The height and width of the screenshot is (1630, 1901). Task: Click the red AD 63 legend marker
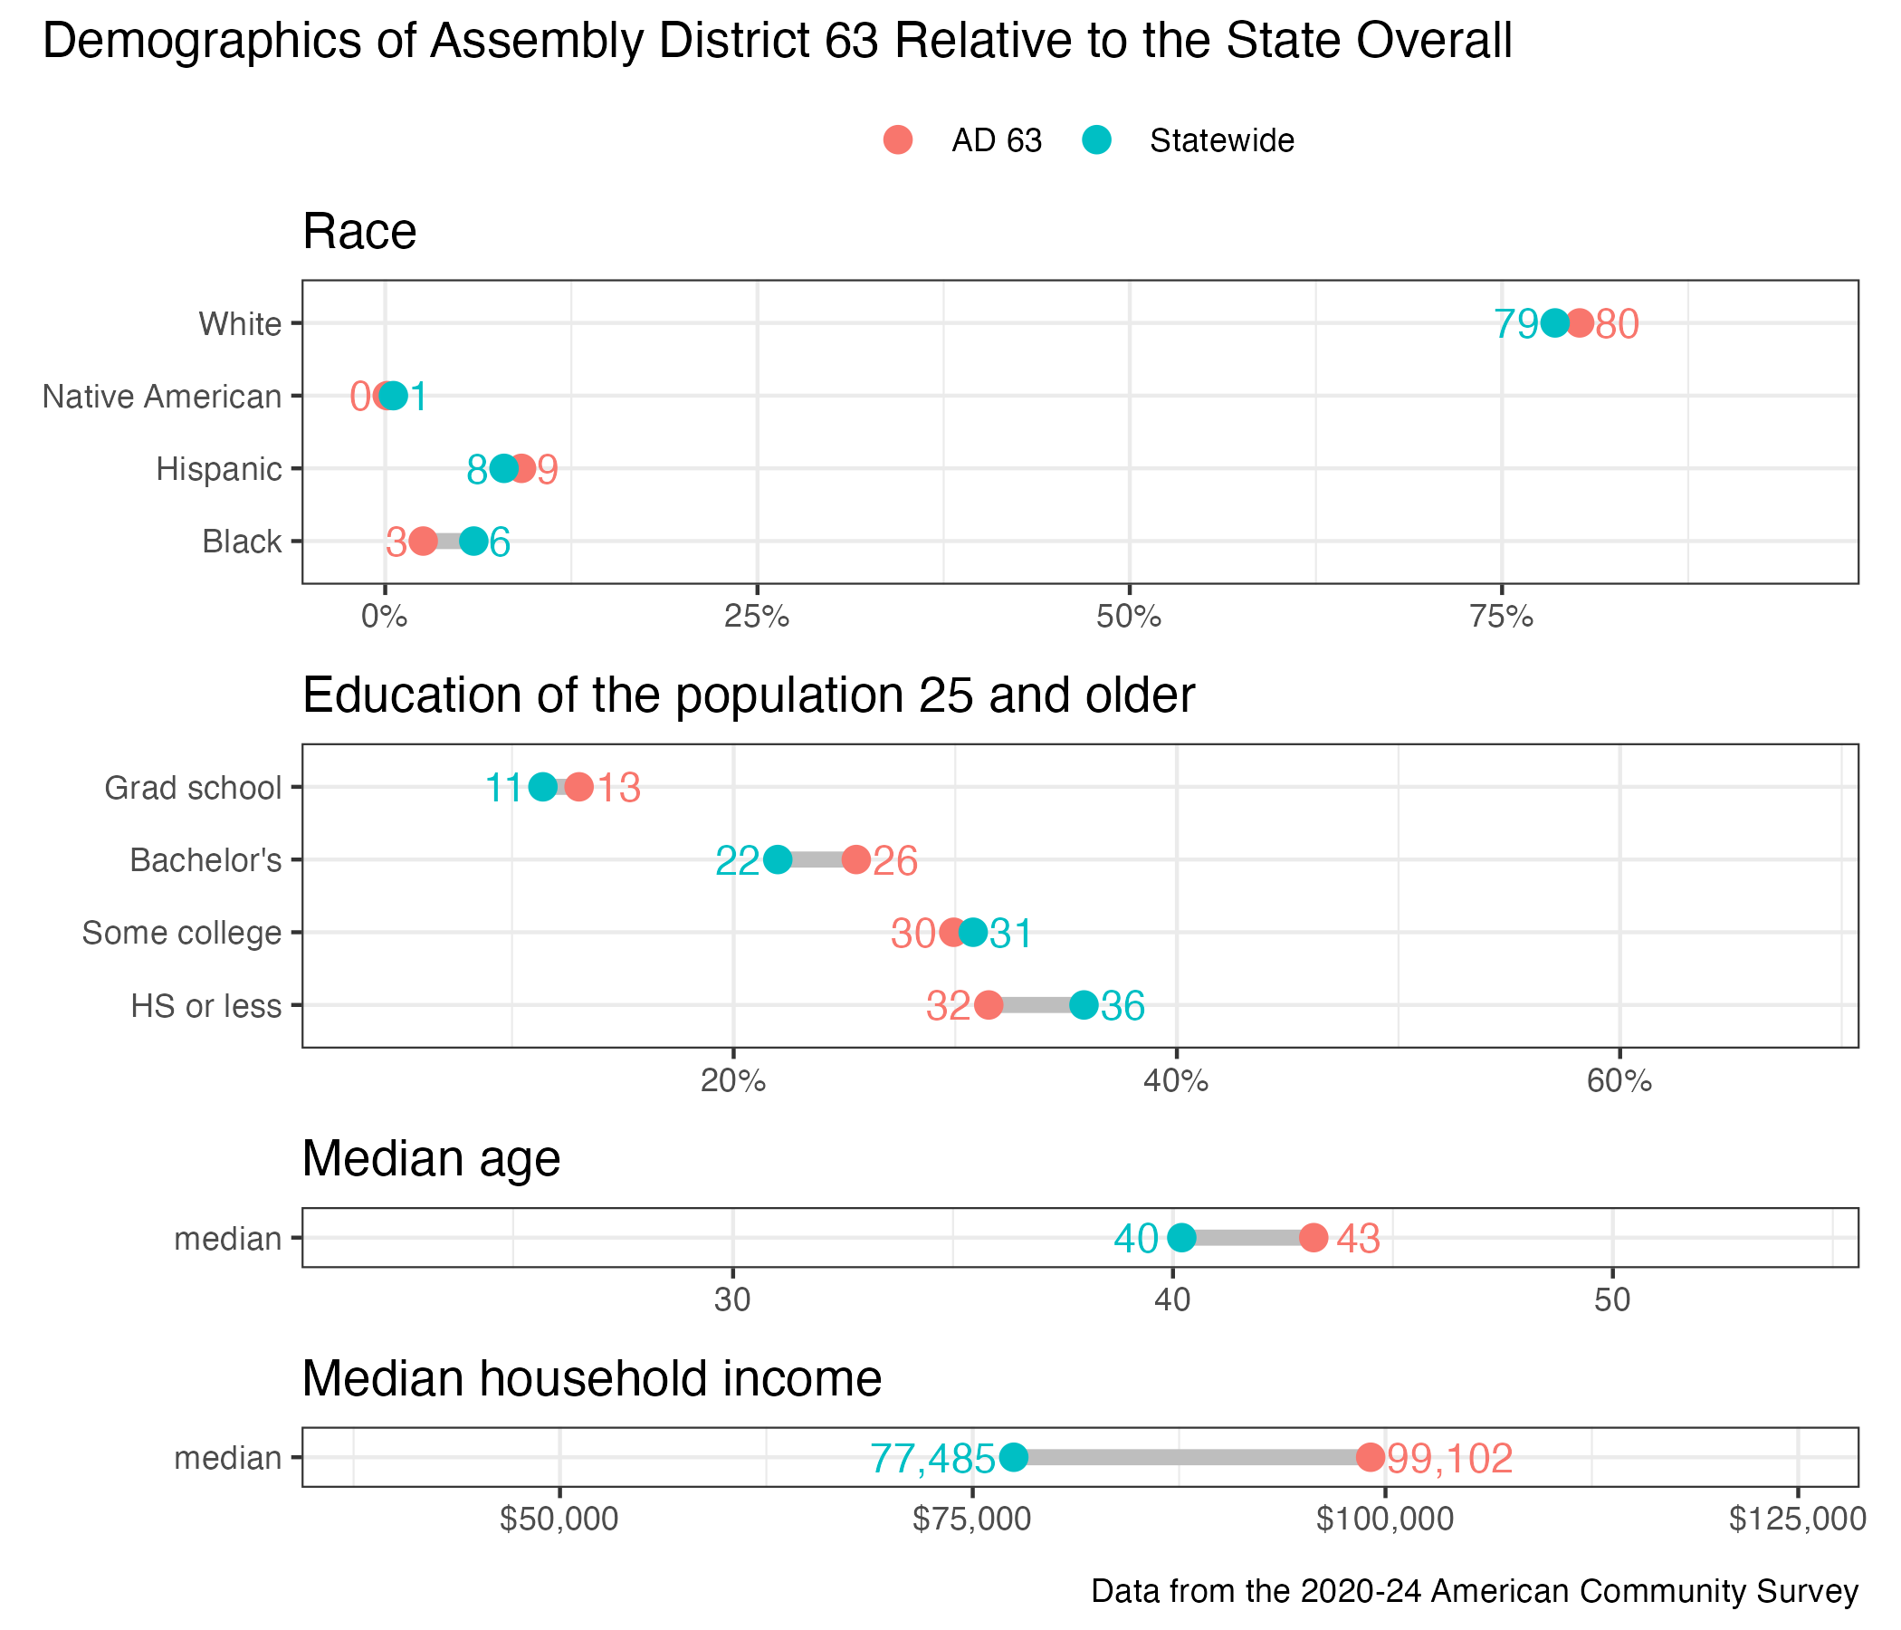(898, 139)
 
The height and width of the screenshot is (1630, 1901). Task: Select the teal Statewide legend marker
(1096, 139)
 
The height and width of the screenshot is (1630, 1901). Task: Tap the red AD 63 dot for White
(1579, 323)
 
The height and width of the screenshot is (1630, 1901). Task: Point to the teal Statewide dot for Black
(473, 542)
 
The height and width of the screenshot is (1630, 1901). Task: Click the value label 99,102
(1449, 1458)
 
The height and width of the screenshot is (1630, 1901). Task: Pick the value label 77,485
(932, 1458)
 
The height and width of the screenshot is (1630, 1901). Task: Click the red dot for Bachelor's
(856, 860)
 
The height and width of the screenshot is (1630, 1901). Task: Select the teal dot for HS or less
(1084, 1005)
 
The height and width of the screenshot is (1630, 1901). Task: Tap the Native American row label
(161, 397)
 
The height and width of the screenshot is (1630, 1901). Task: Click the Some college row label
(182, 933)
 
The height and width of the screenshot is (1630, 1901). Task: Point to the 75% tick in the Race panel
(1502, 617)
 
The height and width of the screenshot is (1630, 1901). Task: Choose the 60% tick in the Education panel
(1619, 1081)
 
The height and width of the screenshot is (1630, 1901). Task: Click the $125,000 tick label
(1797, 1519)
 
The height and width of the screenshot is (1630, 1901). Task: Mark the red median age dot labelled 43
(1314, 1237)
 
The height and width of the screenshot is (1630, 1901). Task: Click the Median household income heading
(592, 1378)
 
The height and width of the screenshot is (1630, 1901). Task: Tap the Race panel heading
(359, 231)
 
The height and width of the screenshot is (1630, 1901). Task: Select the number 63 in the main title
(853, 43)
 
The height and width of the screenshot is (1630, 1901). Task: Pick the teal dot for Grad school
(543, 787)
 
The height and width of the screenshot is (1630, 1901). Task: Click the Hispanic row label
(218, 469)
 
